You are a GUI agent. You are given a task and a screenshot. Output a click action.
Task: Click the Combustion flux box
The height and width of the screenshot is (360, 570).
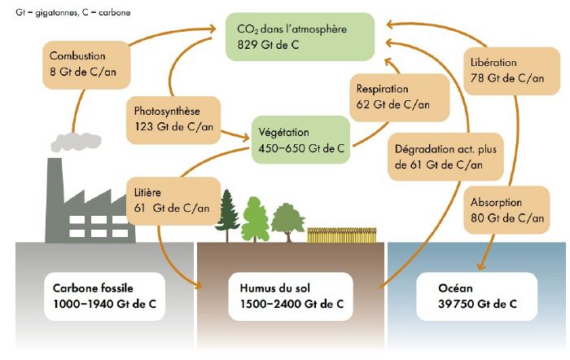click(x=79, y=64)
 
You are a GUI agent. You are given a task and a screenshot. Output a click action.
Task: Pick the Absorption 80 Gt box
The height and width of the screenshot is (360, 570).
click(x=506, y=210)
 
